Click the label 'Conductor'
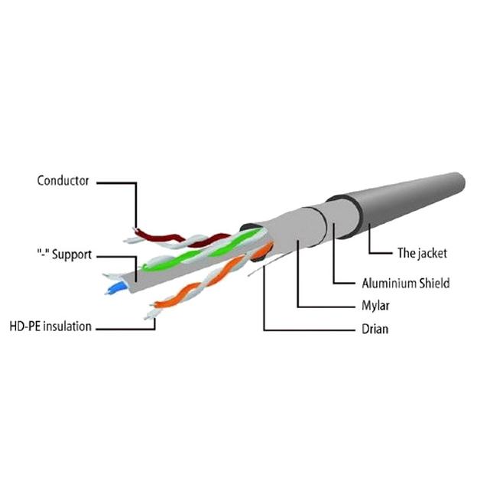[x=63, y=181]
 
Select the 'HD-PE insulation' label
[x=50, y=326]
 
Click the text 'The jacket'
[x=422, y=253]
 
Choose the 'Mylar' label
[x=375, y=307]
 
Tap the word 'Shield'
[x=434, y=283]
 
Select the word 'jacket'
[x=431, y=253]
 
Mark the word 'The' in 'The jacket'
[x=406, y=253]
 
